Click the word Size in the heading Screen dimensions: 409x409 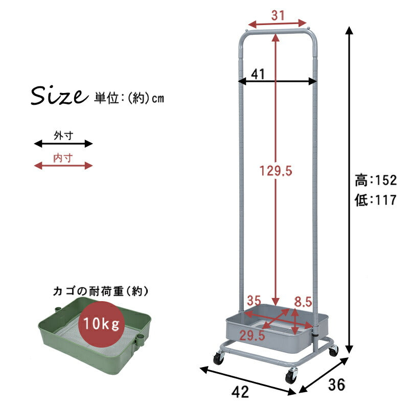(57, 96)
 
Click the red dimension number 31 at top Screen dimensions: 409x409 (278, 16)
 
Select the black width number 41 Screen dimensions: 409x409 (258, 74)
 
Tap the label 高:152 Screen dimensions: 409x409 (376, 180)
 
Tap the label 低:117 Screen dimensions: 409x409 (376, 200)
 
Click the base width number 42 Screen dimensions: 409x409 (240, 392)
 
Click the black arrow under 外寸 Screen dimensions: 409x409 (63, 144)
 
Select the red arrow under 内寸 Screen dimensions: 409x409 (63, 165)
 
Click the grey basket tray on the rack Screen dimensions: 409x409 (271, 330)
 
